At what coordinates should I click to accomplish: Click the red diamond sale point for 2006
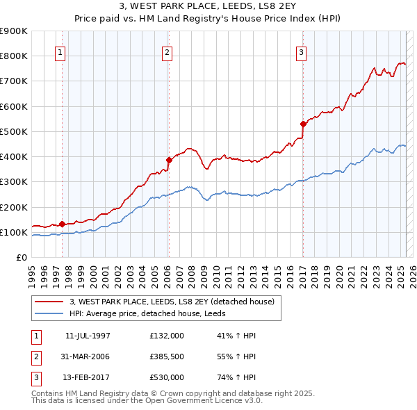tap(169, 160)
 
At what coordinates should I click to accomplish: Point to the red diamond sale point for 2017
tap(303, 124)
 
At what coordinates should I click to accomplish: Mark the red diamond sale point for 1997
tap(62, 224)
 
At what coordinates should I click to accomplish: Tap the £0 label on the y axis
tap(22, 258)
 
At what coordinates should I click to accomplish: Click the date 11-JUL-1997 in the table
tap(88, 336)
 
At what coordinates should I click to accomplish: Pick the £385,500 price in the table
tap(167, 356)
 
